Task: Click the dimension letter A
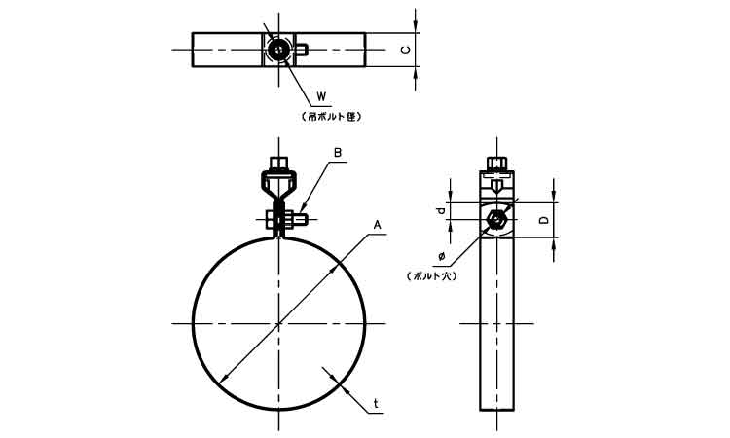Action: pos(377,225)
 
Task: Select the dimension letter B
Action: pos(338,152)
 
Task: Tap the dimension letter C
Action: pos(406,50)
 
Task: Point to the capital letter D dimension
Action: pos(543,220)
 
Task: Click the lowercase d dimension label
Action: pos(442,211)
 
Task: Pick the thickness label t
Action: pos(376,403)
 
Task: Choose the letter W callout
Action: pos(322,96)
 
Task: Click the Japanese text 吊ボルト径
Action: pos(332,117)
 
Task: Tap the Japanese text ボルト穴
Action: pos(431,276)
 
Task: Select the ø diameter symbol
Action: pos(442,256)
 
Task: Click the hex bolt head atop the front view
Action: pos(279,164)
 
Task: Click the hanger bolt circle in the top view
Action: pos(279,50)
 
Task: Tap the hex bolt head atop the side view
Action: pos(497,164)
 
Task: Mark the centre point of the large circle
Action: pos(279,323)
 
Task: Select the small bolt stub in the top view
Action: pos(301,50)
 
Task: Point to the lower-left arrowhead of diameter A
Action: pos(225,378)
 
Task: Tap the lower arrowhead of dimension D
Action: pos(554,245)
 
